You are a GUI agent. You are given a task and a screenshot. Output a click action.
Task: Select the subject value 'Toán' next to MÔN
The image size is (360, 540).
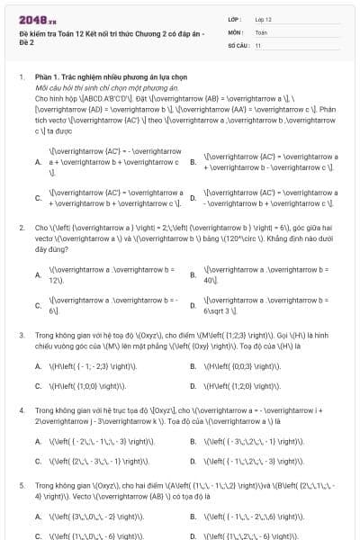[x=261, y=31]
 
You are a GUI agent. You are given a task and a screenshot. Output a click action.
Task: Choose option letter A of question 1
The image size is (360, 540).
[x=38, y=162]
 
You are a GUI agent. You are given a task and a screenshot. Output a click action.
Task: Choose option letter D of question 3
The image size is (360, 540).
[x=193, y=386]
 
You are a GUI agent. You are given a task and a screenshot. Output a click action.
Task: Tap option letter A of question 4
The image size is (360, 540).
[x=38, y=442]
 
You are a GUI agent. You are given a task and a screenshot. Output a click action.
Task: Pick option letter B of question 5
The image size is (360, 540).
[x=193, y=517]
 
